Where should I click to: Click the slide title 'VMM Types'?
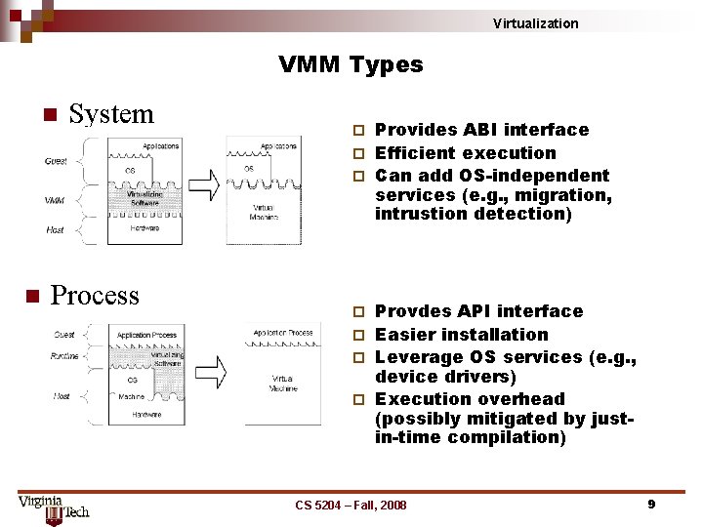(351, 65)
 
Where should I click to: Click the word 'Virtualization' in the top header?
(535, 23)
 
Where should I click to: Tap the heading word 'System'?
(111, 114)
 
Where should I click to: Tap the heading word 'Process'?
(95, 296)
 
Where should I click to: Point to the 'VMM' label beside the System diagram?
(55, 201)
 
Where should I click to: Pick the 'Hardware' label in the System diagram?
(146, 228)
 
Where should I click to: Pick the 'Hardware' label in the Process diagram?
(147, 414)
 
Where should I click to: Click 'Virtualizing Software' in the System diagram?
(145, 198)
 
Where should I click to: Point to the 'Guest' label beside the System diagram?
(57, 161)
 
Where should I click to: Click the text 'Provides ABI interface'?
(481, 130)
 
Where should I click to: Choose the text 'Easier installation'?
(462, 335)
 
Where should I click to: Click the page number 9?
(650, 504)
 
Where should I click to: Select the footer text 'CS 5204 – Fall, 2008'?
(351, 505)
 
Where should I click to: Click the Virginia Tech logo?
(53, 508)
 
